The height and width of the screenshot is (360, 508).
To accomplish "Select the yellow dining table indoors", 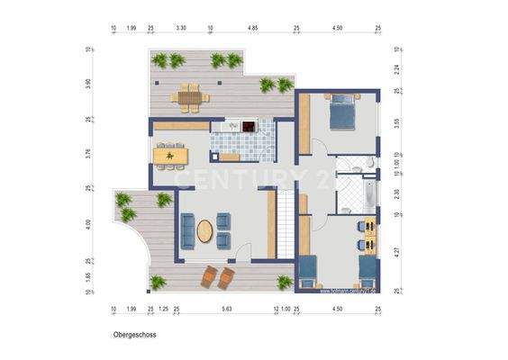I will (170, 156).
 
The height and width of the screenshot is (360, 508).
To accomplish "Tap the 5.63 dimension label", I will (227, 309).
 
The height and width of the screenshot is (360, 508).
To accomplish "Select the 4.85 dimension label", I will (253, 29).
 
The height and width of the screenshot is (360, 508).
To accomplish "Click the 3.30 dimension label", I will (180, 29).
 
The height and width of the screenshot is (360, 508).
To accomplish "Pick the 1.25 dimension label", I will (164, 309).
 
